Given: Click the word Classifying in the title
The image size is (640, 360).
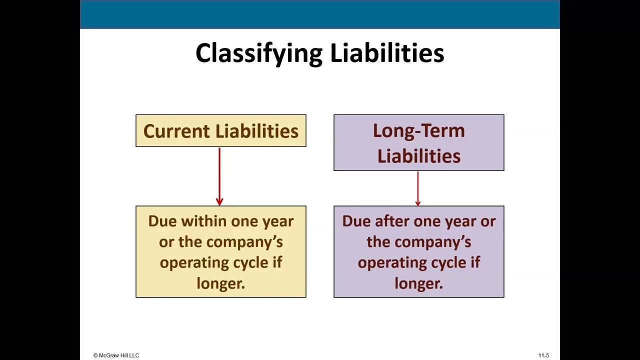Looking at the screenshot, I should [258, 53].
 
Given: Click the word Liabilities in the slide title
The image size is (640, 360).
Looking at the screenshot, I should [386, 52].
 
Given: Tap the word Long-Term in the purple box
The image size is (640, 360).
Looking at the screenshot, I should [418, 130].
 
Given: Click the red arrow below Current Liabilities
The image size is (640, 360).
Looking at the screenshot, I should [219, 176].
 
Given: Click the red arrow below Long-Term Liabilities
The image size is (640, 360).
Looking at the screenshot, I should [418, 188].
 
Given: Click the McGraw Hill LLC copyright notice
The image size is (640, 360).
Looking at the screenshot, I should [116, 355].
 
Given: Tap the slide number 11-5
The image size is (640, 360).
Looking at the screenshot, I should [543, 355].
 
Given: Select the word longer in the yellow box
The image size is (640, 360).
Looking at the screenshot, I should [220, 283].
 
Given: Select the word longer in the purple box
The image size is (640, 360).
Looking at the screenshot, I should [418, 283].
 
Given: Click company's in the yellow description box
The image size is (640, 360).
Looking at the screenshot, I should [244, 242].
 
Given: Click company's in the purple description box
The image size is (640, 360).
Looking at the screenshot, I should [432, 242].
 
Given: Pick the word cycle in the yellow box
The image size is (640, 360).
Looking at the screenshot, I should [251, 263].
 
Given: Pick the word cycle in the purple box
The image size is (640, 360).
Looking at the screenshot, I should [449, 263].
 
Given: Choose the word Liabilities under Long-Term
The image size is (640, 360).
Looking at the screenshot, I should [418, 156].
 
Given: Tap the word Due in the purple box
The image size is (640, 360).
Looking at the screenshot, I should [356, 221].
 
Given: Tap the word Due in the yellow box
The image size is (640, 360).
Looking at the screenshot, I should [162, 221].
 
